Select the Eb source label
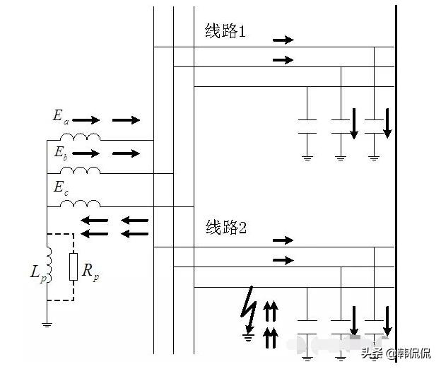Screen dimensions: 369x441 (x=60, y=152)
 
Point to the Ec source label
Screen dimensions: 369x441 (x=60, y=187)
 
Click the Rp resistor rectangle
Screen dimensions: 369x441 (x=73, y=266)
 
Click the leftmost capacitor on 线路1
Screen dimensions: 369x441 (x=307, y=127)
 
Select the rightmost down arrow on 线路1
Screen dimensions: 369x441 (x=387, y=123)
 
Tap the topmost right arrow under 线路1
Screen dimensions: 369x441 (x=283, y=40)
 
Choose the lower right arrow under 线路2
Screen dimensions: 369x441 (x=283, y=260)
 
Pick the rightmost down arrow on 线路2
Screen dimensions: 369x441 (x=387, y=321)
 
